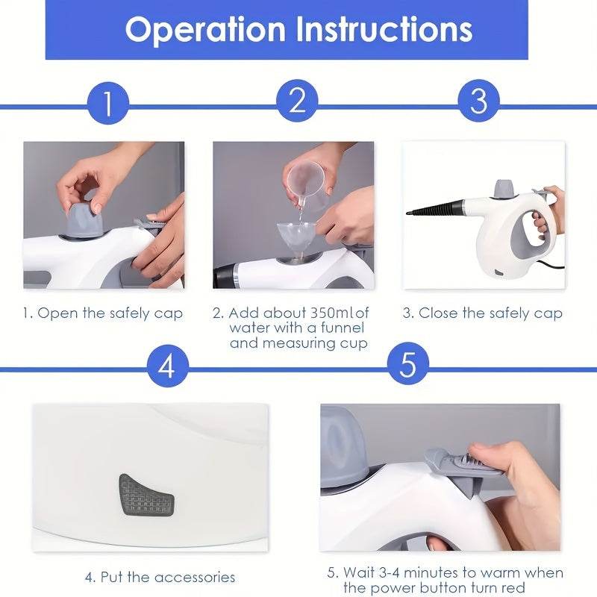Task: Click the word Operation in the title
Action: pos(205,29)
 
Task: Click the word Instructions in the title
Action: pos(384,29)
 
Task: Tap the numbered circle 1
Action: pos(107,103)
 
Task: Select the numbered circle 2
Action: pos(297,101)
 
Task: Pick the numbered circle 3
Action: pos(478,101)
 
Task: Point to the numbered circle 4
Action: pos(167,366)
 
